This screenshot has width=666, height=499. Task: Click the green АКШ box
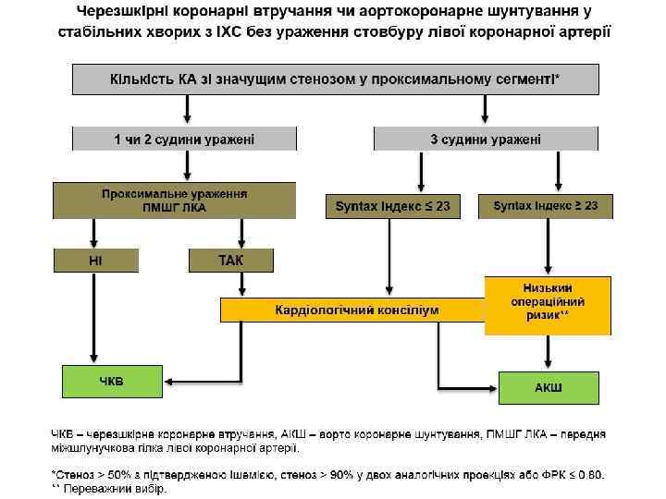[549, 385]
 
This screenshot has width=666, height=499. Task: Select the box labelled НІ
[95, 260]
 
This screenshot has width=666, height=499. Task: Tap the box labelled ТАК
[231, 260]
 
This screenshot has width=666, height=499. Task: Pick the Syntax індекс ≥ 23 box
[546, 206]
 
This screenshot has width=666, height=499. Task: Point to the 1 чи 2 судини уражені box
[185, 139]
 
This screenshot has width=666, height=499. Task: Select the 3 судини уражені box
[486, 139]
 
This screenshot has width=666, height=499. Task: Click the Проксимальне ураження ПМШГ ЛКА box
[174, 201]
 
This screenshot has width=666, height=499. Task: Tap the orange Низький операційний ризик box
[549, 304]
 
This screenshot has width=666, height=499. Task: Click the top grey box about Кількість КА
[335, 79]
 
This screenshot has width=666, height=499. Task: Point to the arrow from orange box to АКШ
[549, 352]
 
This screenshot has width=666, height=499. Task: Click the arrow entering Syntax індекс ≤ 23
[421, 174]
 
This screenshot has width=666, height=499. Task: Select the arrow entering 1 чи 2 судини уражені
[187, 111]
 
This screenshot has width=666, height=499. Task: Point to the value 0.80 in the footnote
[588, 475]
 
